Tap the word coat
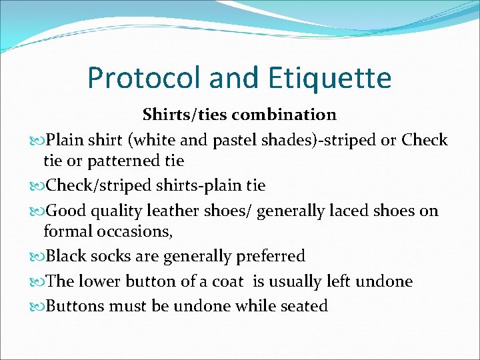230,281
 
